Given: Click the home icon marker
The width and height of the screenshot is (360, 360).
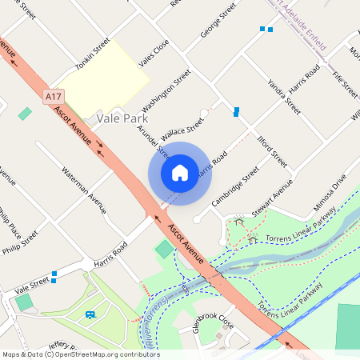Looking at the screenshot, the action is pos(180,172).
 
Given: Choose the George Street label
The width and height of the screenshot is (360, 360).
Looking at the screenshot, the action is pos(218,22).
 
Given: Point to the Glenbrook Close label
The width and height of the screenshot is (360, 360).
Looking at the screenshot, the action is pos(213,322).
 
